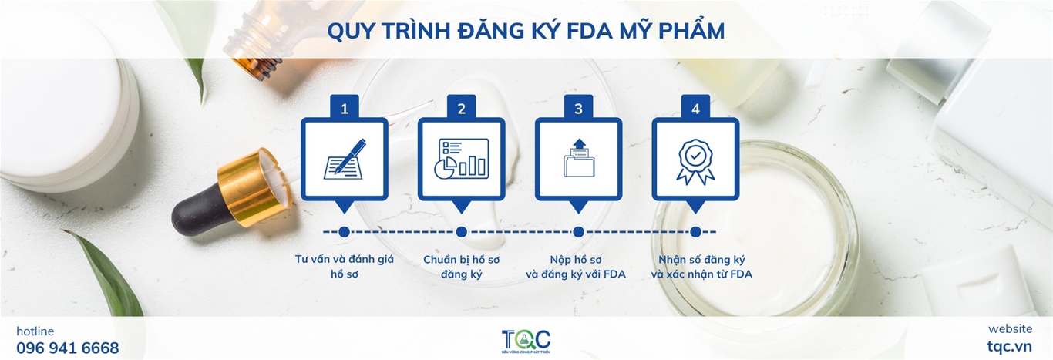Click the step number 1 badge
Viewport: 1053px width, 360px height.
(x=345, y=107)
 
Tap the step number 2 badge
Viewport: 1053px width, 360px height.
(x=461, y=107)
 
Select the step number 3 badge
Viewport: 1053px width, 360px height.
(x=578, y=107)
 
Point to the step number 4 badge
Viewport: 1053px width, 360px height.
(x=695, y=107)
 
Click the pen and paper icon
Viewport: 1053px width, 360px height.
(x=345, y=159)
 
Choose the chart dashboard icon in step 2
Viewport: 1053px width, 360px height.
(x=461, y=159)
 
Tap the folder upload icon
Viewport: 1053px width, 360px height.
(x=579, y=158)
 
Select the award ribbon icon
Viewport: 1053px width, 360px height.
(x=695, y=161)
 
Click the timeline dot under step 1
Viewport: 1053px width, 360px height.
(x=344, y=232)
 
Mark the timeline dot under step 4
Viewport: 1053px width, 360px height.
(x=696, y=232)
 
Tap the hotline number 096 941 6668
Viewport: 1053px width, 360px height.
(x=68, y=348)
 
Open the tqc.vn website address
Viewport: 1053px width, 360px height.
(x=1009, y=346)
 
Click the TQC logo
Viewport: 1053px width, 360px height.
(x=526, y=341)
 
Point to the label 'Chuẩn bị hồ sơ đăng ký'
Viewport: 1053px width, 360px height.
(x=461, y=267)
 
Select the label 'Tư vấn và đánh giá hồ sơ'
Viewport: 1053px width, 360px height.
(x=345, y=266)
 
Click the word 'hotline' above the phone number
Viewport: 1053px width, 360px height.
(x=35, y=331)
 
